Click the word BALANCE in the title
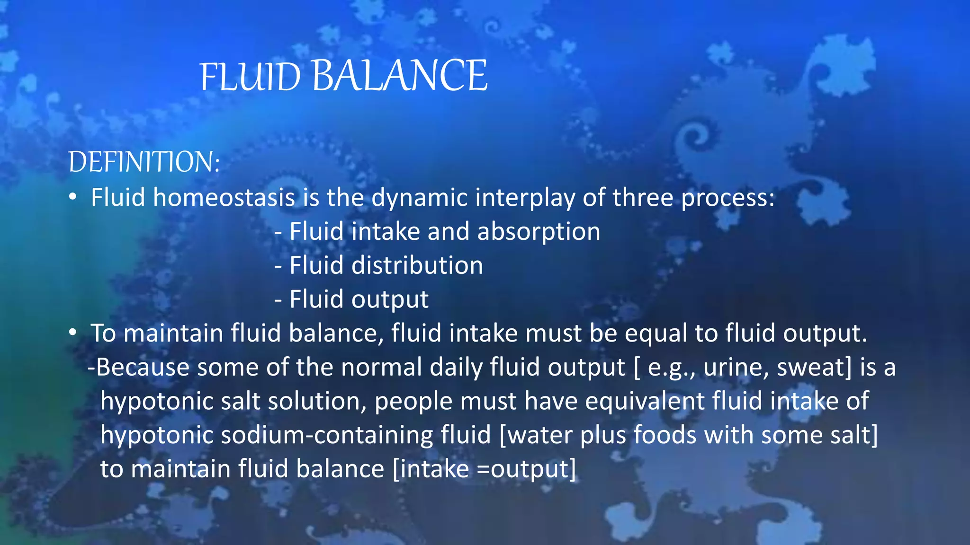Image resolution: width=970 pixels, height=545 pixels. [x=399, y=76]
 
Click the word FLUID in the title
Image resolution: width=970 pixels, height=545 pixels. [x=250, y=77]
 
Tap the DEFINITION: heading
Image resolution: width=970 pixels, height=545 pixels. [x=144, y=162]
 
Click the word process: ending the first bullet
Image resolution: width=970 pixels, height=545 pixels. [x=727, y=198]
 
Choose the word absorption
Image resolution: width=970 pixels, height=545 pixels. [x=539, y=231]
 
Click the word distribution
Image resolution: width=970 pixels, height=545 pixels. [x=417, y=265]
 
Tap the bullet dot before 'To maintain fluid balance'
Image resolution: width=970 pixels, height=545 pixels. [x=72, y=333]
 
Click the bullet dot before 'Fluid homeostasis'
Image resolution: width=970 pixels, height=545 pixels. [x=72, y=197]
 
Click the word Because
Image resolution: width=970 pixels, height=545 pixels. [x=143, y=367]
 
